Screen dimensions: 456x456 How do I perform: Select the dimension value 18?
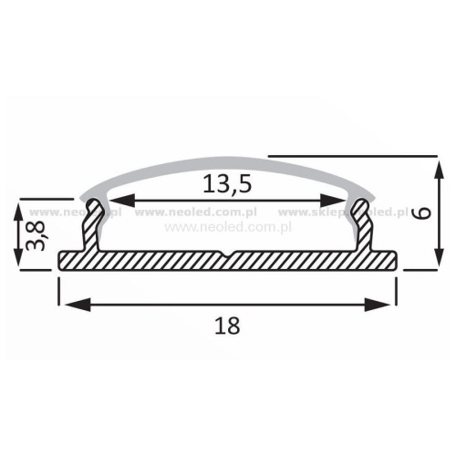click(x=228, y=325)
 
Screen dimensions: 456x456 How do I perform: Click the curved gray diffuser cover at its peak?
click(x=228, y=161)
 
